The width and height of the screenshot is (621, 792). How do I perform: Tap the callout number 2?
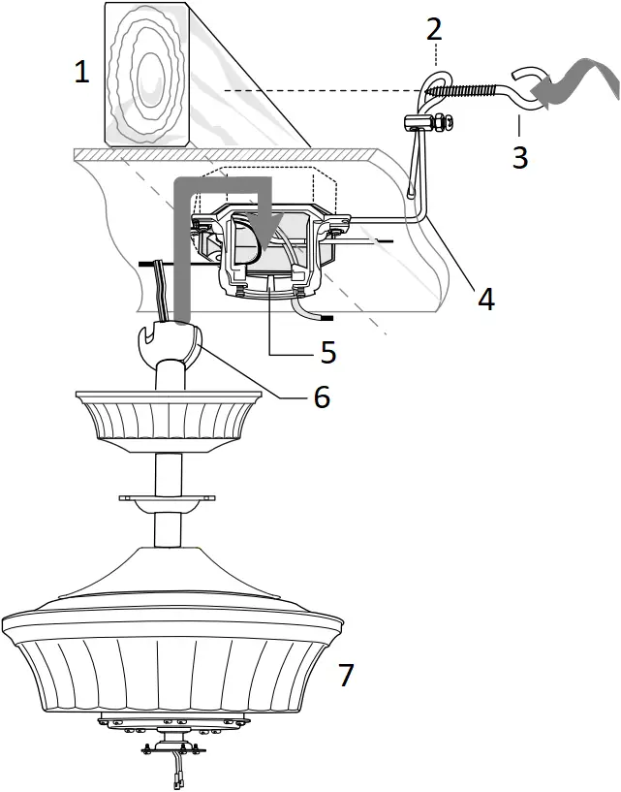coord(434,28)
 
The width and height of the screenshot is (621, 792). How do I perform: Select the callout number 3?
coord(520,156)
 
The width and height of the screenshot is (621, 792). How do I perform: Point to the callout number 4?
coord(485,299)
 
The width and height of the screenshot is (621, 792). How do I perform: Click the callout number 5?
coord(328,351)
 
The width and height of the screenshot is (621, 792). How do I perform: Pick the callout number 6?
coord(321,396)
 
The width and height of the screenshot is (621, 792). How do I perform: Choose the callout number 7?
coord(345,675)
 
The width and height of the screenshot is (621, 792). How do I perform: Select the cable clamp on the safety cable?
coord(418,123)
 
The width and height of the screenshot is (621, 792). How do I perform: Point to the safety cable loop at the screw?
coord(435,84)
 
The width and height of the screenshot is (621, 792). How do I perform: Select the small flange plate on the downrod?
coord(169,499)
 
